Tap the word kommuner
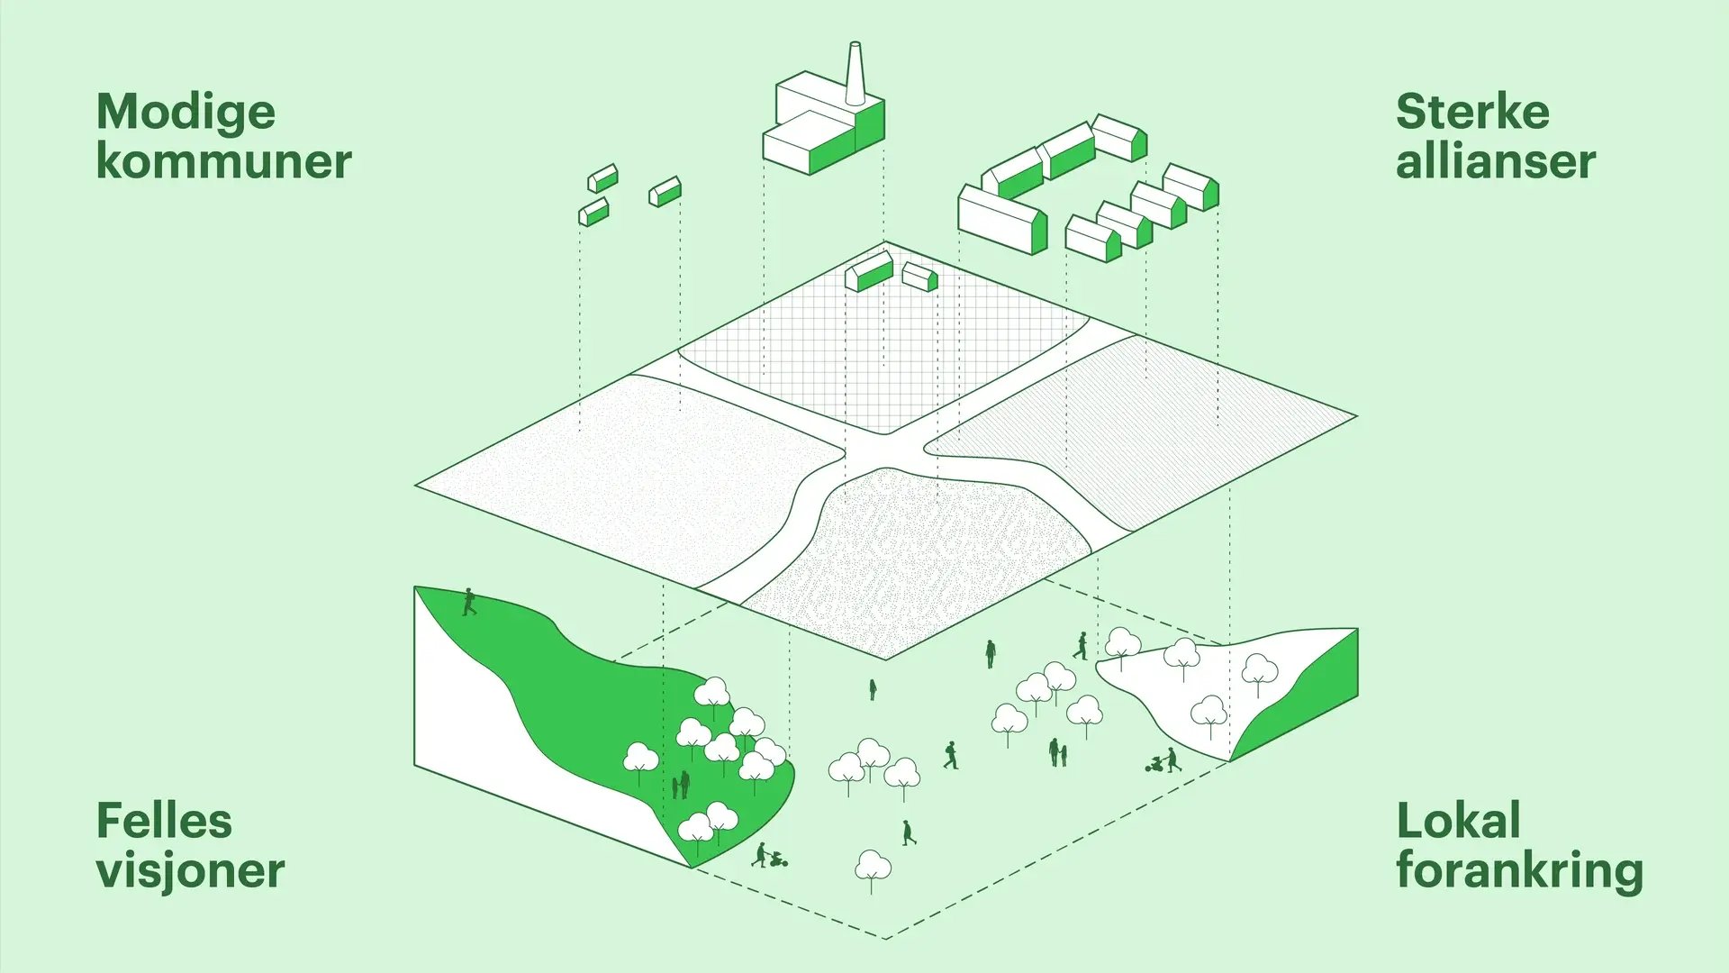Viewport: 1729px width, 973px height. point(223,161)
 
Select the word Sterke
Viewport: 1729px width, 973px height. point(1472,112)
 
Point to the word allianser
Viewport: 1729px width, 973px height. point(1496,161)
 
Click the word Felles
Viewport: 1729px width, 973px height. point(164,821)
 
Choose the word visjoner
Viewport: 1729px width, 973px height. point(190,871)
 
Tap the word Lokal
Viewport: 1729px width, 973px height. point(1458,821)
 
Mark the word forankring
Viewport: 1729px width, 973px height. point(1520,871)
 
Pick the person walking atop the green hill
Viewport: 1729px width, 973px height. point(469,602)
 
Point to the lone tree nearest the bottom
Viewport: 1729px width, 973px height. point(872,870)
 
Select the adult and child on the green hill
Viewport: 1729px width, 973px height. point(680,785)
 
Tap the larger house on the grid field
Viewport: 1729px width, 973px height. point(869,271)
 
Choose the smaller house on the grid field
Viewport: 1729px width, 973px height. point(920,277)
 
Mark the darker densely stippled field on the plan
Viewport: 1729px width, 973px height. point(919,559)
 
